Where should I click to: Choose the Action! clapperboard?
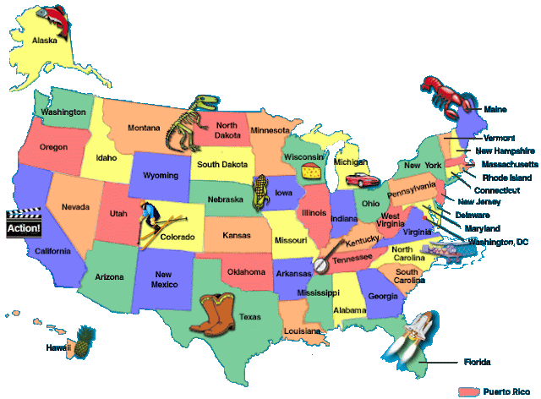(23, 224)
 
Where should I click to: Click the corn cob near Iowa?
(263, 193)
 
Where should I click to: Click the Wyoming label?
(162, 176)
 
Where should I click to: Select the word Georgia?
(383, 296)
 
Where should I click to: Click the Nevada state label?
(76, 206)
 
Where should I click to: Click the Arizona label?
(110, 276)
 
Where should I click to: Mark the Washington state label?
(63, 112)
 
